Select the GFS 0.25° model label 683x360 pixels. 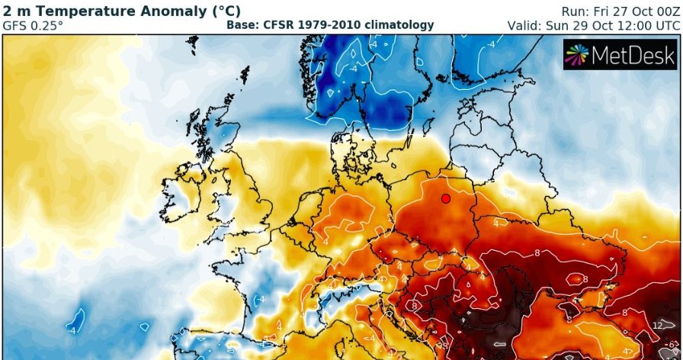click(x=34, y=25)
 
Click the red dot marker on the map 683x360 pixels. click(x=446, y=198)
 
